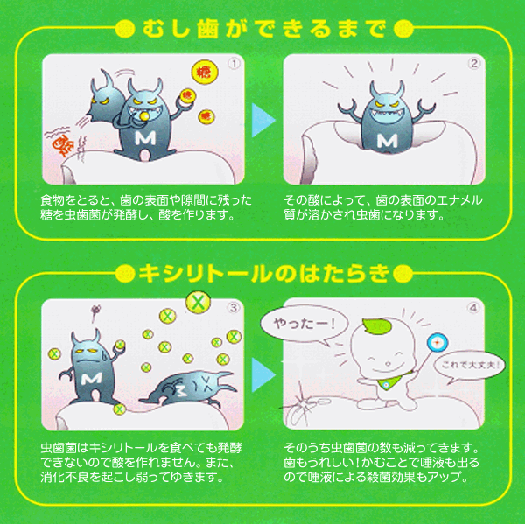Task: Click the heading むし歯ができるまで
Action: tap(264, 29)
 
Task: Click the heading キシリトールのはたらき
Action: tap(264, 274)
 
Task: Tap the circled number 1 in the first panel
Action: tap(234, 64)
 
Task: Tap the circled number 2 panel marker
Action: tap(474, 63)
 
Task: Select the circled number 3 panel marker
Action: tap(234, 308)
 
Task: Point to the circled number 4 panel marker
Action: tap(473, 307)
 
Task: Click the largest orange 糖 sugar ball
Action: tap(205, 72)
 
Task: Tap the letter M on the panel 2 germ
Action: tap(387, 141)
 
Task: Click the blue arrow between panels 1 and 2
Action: tap(262, 120)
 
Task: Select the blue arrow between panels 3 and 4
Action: tap(262, 374)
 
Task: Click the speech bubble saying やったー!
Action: tap(304, 325)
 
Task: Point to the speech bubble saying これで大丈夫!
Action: tap(470, 366)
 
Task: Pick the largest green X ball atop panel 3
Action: tap(199, 302)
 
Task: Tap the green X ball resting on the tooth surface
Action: tap(120, 409)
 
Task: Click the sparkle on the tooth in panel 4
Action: tap(299, 406)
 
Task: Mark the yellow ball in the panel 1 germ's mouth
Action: tap(144, 115)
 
